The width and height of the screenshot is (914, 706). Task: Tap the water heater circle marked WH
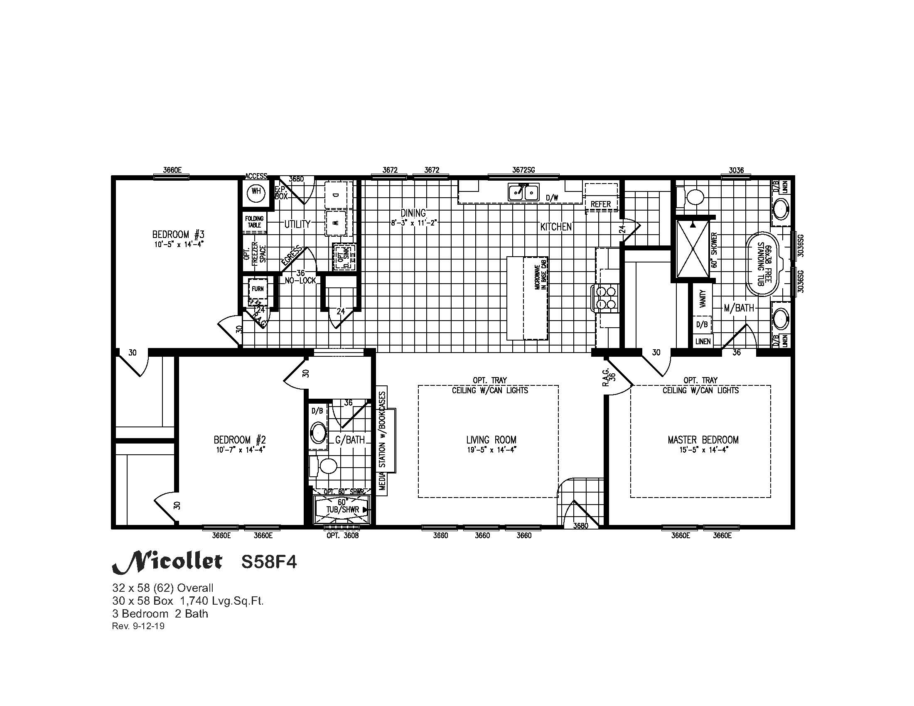[x=256, y=192]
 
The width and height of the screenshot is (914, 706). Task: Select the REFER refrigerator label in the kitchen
[x=601, y=204]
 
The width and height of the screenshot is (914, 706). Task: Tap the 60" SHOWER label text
[x=715, y=250]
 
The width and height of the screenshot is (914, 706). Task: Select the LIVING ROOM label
[x=491, y=439]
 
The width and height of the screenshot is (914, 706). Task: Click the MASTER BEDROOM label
[x=703, y=439]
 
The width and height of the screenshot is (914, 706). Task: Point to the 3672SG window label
[x=523, y=170]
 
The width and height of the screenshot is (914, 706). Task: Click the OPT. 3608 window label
[x=342, y=536]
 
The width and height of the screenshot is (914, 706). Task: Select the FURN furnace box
[x=258, y=289]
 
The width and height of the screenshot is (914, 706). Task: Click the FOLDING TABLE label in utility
[x=254, y=222]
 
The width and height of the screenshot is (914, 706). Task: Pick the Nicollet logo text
[x=167, y=562]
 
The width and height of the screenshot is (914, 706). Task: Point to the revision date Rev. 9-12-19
[x=138, y=626]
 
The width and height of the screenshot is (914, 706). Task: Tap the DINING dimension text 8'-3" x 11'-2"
[x=413, y=223]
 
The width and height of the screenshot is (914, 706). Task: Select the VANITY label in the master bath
[x=703, y=299]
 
